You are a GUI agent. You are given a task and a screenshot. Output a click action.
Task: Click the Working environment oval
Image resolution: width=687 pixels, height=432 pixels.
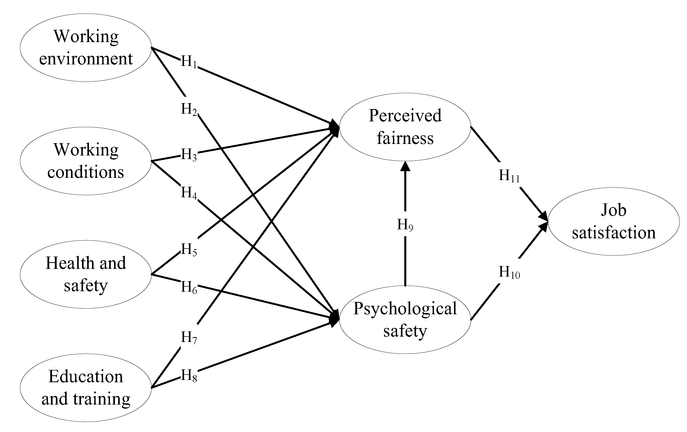click(86, 48)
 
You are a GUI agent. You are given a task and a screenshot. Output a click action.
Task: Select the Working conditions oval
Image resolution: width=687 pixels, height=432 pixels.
click(86, 161)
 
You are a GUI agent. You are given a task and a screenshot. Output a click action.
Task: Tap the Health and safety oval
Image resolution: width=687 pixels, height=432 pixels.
click(86, 274)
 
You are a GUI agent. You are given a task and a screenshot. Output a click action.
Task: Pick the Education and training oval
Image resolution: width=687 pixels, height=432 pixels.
click(86, 387)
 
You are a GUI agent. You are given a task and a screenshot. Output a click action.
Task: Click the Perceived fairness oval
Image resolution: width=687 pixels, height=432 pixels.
click(405, 127)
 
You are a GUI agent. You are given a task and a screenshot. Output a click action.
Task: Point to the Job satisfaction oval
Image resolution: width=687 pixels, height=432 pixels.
click(613, 221)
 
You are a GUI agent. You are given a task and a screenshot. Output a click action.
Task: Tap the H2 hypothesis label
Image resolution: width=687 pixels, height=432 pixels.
click(189, 109)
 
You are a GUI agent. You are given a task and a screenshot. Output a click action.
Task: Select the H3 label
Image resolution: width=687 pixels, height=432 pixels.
click(189, 155)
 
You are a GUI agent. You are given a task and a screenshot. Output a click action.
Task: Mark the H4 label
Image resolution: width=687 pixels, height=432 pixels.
click(189, 193)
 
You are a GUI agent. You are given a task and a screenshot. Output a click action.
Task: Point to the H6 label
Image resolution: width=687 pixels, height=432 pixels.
click(189, 287)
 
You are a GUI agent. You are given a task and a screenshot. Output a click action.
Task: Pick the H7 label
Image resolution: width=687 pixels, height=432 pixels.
click(189, 338)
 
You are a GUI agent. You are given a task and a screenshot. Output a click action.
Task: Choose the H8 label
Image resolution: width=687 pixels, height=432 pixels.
click(189, 376)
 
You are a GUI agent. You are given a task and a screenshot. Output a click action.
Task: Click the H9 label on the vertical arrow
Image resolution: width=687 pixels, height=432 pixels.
click(405, 225)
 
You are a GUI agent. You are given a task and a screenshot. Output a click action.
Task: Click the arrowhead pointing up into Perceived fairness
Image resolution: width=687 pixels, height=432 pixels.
click(405, 166)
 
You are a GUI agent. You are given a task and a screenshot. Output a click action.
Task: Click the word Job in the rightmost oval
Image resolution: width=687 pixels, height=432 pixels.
click(613, 210)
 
